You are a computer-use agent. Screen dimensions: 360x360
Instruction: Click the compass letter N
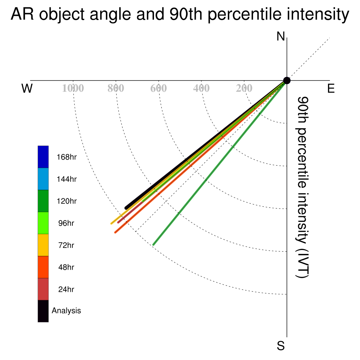[x=281, y=37]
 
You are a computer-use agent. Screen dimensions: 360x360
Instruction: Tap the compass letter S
[x=281, y=346]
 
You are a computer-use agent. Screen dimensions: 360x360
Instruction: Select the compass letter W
[x=27, y=88]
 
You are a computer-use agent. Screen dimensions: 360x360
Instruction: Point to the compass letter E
[x=331, y=88]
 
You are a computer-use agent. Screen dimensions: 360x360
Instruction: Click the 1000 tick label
[x=73, y=88]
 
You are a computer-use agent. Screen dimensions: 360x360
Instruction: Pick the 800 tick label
[x=116, y=88]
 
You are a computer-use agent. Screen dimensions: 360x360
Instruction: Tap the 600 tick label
[x=159, y=88]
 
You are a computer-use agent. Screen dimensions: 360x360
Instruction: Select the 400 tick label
[x=201, y=88]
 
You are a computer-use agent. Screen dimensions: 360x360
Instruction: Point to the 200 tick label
[x=244, y=88]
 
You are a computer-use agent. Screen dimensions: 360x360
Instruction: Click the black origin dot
[x=287, y=81]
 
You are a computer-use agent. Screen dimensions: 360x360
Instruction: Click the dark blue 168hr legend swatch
[x=43, y=157]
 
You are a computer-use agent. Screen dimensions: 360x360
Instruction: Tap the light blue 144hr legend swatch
[x=43, y=179]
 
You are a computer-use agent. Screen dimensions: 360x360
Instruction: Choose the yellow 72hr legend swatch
[x=43, y=245]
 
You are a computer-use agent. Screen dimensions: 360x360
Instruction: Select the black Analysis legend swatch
[x=43, y=311]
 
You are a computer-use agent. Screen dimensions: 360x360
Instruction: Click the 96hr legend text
[x=66, y=223]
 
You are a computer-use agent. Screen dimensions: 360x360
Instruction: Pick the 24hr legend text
[x=66, y=289]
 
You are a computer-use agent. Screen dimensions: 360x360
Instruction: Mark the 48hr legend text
[x=66, y=267]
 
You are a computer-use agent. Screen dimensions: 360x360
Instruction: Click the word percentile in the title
[x=244, y=14]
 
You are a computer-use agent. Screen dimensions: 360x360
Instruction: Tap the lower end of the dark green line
[x=153, y=245]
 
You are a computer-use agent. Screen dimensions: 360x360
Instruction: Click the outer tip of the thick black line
[x=126, y=208]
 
